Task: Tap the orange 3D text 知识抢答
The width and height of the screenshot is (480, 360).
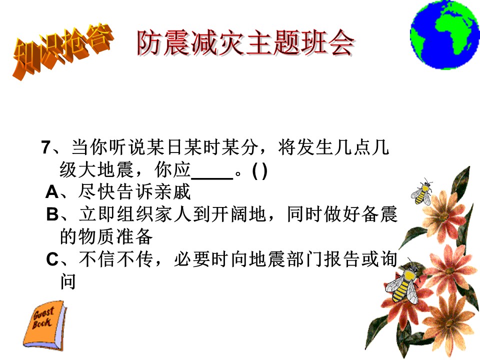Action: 63,50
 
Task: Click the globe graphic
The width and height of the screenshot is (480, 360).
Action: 445,34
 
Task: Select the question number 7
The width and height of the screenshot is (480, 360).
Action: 46,147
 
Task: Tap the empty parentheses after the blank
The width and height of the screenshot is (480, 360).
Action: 260,171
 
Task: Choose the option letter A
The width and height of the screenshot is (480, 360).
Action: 52,192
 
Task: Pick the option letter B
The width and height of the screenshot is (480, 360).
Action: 52,214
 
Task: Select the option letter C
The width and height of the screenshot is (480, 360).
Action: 52,259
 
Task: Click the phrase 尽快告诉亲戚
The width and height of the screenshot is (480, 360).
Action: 134,192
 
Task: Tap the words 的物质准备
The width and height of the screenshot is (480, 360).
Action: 106,236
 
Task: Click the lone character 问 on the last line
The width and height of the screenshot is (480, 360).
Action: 67,281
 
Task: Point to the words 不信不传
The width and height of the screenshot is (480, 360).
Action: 115,259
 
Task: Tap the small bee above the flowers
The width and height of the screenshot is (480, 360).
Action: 422,192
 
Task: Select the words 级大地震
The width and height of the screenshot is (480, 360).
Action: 96,170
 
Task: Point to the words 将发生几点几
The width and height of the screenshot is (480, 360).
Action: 333,147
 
